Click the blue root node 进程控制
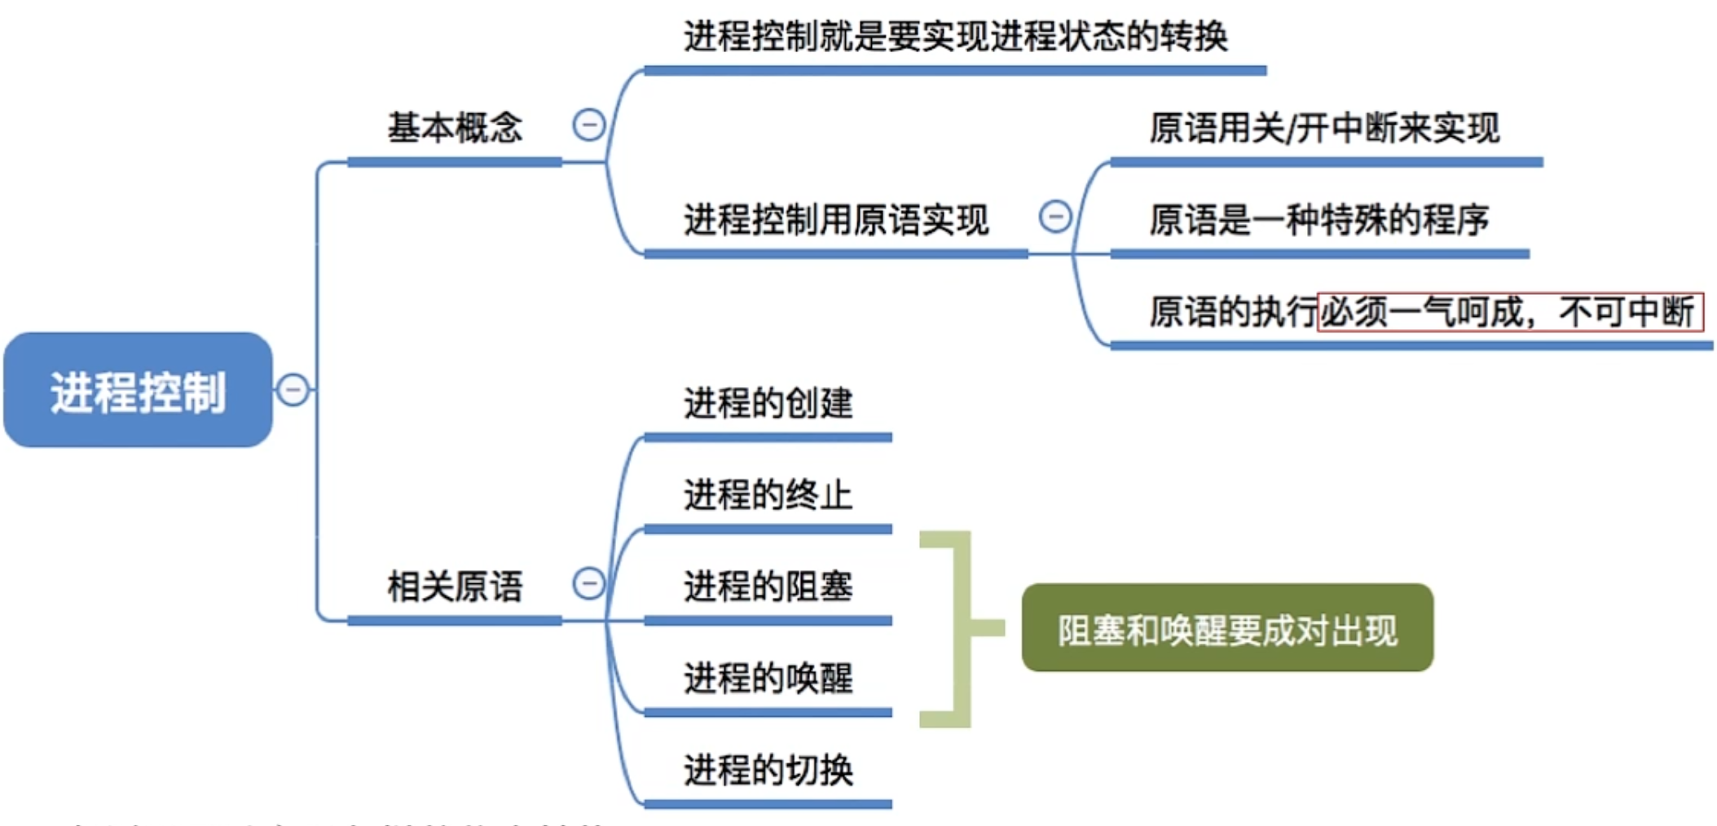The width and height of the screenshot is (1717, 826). click(138, 390)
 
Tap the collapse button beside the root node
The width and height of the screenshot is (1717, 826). click(293, 389)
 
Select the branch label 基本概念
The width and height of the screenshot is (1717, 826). click(455, 128)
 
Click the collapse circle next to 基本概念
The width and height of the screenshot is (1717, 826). click(588, 125)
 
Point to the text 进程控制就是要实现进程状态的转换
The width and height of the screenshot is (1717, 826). click(955, 37)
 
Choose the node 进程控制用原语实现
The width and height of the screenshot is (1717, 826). click(836, 220)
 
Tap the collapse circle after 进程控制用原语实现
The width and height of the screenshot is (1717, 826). click(1055, 217)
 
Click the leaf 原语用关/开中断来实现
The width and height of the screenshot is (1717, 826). click(1324, 129)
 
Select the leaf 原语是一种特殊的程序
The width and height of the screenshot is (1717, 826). click(1319, 220)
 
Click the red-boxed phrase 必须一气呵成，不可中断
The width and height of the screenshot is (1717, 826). click(1510, 312)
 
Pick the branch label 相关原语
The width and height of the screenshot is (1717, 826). click(455, 587)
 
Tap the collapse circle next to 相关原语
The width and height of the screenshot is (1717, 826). click(588, 583)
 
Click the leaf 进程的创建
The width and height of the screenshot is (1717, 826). click(768, 403)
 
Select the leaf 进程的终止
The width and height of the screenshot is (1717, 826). click(768, 494)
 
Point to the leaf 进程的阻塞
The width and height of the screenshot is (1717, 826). click(768, 587)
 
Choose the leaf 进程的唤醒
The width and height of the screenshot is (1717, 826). click(768, 678)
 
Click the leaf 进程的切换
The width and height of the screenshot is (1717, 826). click(768, 770)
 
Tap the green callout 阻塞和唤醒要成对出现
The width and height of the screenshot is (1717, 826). click(1227, 628)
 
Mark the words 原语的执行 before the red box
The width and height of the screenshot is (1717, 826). click(1233, 312)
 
